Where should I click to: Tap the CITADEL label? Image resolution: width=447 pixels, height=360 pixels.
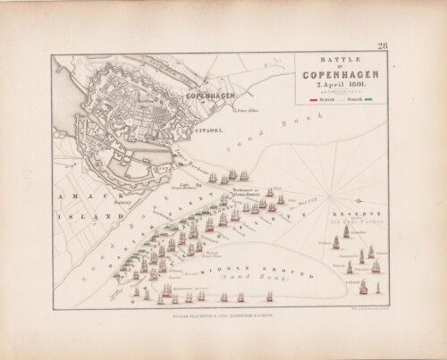tap(205, 130)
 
